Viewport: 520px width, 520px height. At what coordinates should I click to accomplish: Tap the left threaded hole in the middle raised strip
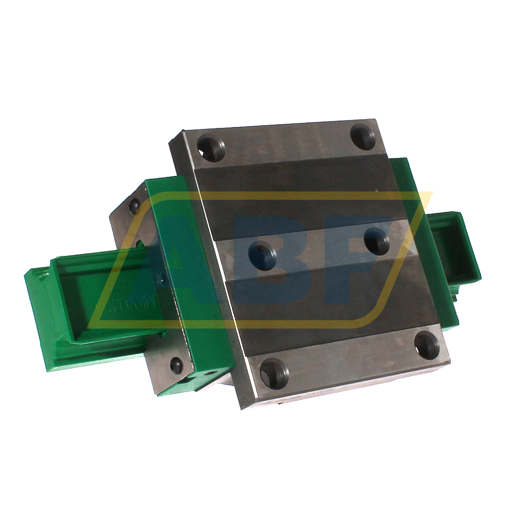click(262, 253)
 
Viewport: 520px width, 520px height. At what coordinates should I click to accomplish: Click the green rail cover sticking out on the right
click(455, 247)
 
